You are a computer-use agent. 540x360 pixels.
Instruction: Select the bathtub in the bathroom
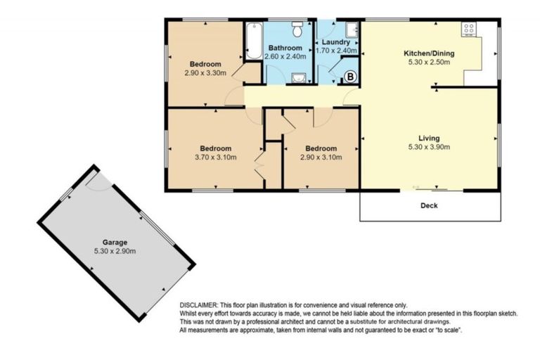pyautogui.click(x=253, y=41)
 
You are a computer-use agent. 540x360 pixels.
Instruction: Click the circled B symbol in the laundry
pyautogui.click(x=351, y=75)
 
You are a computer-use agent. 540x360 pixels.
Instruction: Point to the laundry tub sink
pyautogui.click(x=352, y=30)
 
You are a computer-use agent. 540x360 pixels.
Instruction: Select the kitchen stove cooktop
pyautogui.click(x=469, y=30)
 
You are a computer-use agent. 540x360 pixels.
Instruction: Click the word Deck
pyautogui.click(x=430, y=206)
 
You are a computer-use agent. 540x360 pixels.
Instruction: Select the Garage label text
pyautogui.click(x=115, y=242)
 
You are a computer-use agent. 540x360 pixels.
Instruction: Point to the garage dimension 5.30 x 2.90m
pyautogui.click(x=115, y=251)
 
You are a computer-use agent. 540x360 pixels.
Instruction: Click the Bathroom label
pyautogui.click(x=285, y=49)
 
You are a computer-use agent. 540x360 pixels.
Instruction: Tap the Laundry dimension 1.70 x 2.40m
pyautogui.click(x=337, y=51)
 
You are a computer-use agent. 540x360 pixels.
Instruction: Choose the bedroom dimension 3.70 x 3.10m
pyautogui.click(x=215, y=157)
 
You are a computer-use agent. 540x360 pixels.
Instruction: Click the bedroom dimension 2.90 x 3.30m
pyautogui.click(x=205, y=72)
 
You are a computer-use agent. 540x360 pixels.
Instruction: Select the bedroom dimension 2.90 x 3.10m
pyautogui.click(x=321, y=157)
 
